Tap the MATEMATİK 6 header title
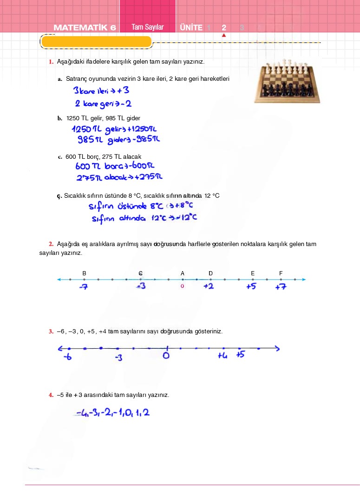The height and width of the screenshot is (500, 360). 85,27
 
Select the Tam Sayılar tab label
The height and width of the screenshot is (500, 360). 147,27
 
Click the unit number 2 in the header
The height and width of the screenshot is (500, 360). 224,28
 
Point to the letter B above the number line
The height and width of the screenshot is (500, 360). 84,273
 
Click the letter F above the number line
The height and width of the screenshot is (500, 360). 281,273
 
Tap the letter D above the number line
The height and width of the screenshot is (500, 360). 210,273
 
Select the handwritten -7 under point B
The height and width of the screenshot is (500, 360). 84,287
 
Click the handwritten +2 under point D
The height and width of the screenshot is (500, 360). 209,286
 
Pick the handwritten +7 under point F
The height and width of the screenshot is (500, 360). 281,287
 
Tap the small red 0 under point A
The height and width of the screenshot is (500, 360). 183,286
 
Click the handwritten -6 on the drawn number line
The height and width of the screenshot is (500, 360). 68,357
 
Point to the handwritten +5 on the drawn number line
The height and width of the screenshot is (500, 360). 240,355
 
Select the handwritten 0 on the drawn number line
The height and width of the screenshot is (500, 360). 166,356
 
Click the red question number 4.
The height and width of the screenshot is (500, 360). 51,395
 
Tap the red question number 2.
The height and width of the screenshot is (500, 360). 51,244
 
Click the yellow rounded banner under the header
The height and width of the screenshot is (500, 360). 96,42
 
